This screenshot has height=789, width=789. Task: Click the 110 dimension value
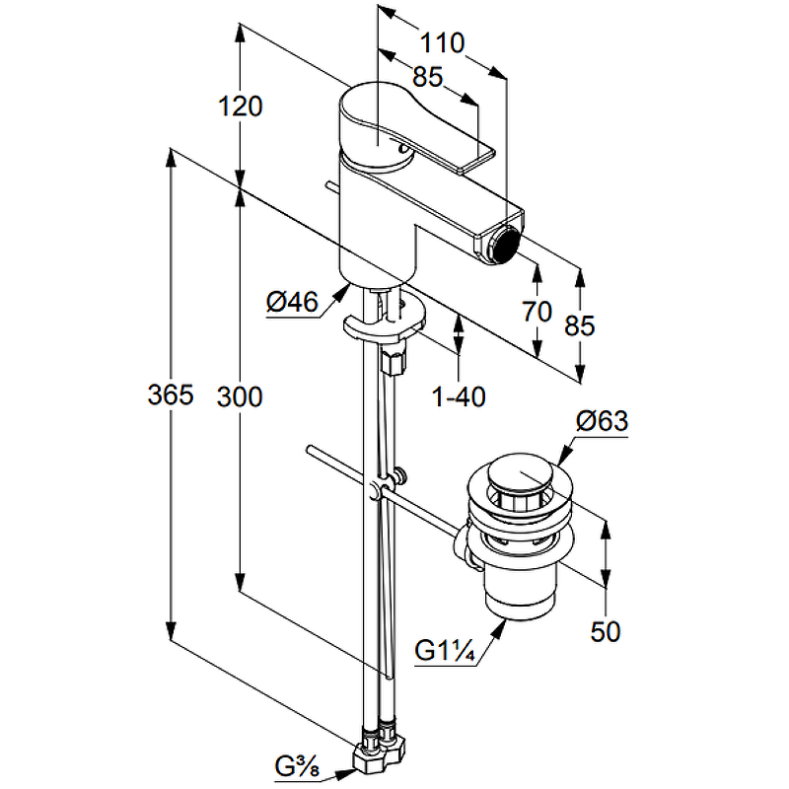point(441,43)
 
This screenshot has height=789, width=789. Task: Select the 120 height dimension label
point(241,106)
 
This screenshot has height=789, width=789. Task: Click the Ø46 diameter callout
point(291,303)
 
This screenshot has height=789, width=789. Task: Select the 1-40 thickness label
point(460,396)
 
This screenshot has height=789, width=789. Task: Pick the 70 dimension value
point(537,313)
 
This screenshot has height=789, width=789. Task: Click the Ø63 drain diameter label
point(601,422)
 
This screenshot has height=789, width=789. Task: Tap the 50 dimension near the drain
point(607,632)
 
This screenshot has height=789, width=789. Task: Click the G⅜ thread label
point(295,763)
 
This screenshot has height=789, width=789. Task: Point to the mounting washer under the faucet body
point(385,323)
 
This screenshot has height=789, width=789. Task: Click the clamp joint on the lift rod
point(380,491)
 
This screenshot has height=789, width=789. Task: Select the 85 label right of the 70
point(579,325)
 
